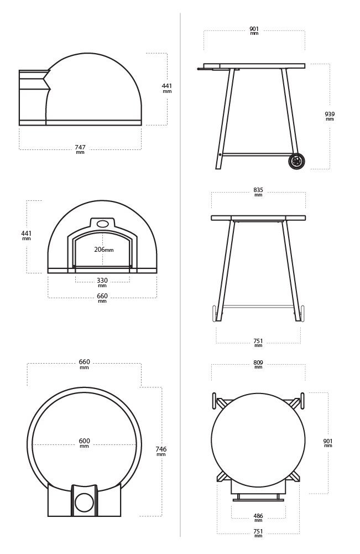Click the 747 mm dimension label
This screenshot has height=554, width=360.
click(x=80, y=149)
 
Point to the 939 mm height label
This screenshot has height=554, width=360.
click(x=330, y=116)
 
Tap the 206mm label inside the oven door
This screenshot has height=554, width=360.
click(x=104, y=250)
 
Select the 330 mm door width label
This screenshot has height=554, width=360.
click(x=102, y=282)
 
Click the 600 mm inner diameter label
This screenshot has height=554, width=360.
click(x=85, y=443)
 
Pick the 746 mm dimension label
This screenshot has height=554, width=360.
click(x=161, y=451)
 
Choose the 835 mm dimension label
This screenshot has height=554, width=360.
click(x=258, y=192)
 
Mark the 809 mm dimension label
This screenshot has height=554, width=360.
click(x=258, y=364)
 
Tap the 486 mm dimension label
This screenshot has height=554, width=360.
click(x=258, y=518)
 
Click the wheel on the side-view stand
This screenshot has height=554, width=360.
click(x=296, y=162)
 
